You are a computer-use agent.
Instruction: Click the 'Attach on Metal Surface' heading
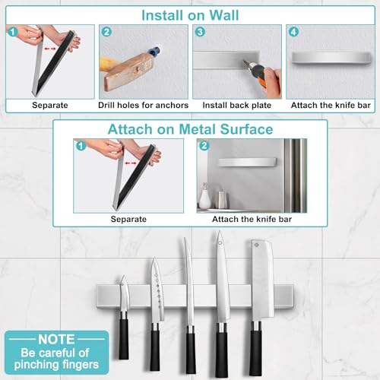point(191,129)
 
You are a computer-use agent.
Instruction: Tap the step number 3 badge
point(201,33)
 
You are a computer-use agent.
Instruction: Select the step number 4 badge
point(294,33)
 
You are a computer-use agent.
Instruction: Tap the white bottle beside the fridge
point(204,197)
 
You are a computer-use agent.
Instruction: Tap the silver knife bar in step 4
point(329,76)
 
